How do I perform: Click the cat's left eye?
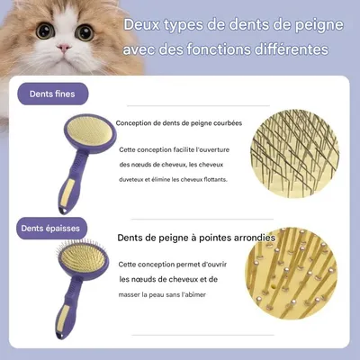[x=43, y=31]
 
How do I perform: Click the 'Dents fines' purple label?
[x=52, y=92]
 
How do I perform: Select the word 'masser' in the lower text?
[x=130, y=292]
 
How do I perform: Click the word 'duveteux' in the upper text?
[x=135, y=178]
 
